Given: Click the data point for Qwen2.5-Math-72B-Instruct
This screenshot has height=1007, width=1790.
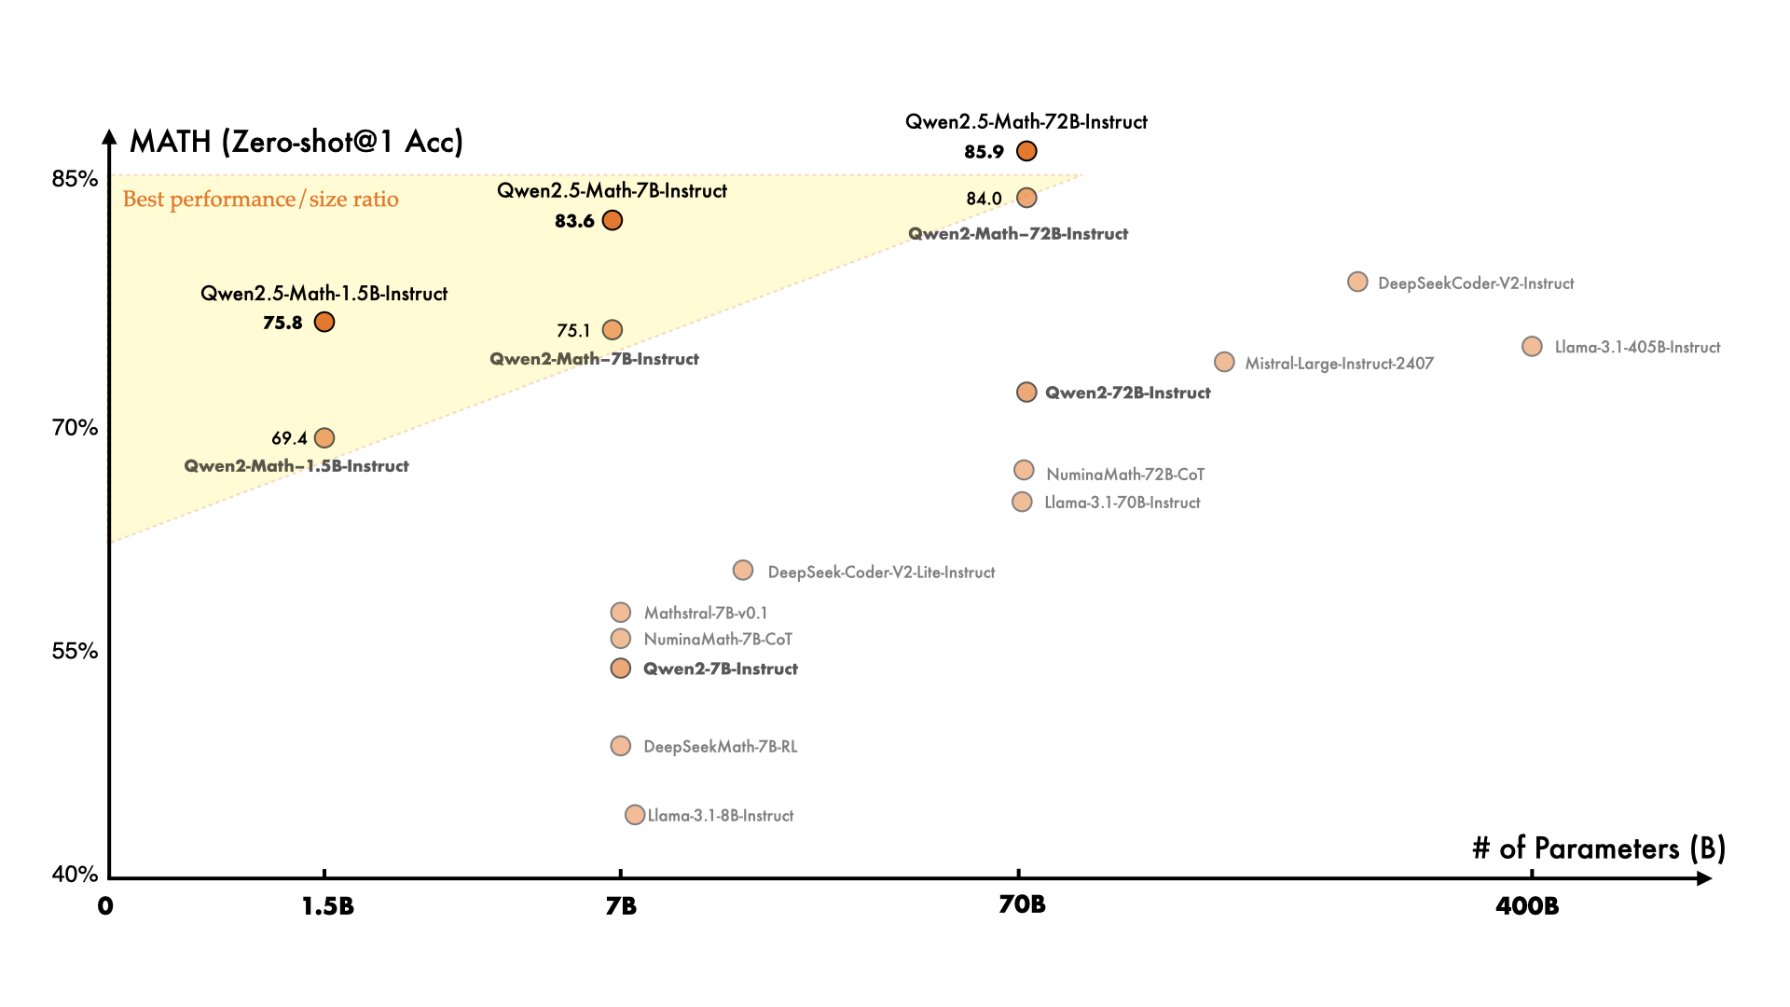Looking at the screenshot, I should pyautogui.click(x=1026, y=151).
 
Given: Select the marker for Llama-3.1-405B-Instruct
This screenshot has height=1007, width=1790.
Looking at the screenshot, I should pyautogui.click(x=1532, y=347).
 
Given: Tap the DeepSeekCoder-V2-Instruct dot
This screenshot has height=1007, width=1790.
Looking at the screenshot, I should pyautogui.click(x=1357, y=282).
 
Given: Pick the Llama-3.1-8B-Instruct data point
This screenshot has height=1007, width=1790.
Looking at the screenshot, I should pyautogui.click(x=635, y=815).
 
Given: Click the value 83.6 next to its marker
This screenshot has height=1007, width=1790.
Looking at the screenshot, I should pyautogui.click(x=574, y=221).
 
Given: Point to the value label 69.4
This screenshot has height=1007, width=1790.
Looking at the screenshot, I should pyautogui.click(x=289, y=438).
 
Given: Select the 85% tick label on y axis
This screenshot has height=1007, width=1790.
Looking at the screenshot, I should pyautogui.click(x=75, y=178).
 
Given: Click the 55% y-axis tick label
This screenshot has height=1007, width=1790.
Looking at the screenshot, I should pyautogui.click(x=75, y=651).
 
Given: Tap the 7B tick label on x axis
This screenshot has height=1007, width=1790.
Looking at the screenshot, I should pyautogui.click(x=621, y=906).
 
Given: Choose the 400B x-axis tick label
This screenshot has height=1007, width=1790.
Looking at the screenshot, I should pyautogui.click(x=1527, y=906).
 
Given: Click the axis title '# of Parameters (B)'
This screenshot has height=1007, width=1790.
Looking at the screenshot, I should pyautogui.click(x=1599, y=848).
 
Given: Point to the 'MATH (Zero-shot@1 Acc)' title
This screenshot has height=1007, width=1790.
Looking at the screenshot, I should pyautogui.click(x=296, y=142).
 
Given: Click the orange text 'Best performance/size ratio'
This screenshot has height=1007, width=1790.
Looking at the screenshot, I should pyautogui.click(x=261, y=200).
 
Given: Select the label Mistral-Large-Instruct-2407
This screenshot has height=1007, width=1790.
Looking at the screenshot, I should pyautogui.click(x=1339, y=364).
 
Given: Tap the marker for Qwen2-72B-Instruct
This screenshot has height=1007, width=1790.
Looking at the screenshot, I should pyautogui.click(x=1026, y=393).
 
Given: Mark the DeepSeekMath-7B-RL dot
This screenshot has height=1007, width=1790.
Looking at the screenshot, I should pyautogui.click(x=621, y=746).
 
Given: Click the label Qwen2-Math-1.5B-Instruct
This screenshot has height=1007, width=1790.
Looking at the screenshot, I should pyautogui.click(x=296, y=466).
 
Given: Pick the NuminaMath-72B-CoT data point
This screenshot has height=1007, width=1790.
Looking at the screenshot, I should pyautogui.click(x=1024, y=470).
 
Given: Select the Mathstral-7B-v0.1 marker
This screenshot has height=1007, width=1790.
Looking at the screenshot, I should pyautogui.click(x=621, y=613).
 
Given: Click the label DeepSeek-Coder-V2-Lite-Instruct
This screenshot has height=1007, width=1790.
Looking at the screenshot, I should pyautogui.click(x=881, y=572).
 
